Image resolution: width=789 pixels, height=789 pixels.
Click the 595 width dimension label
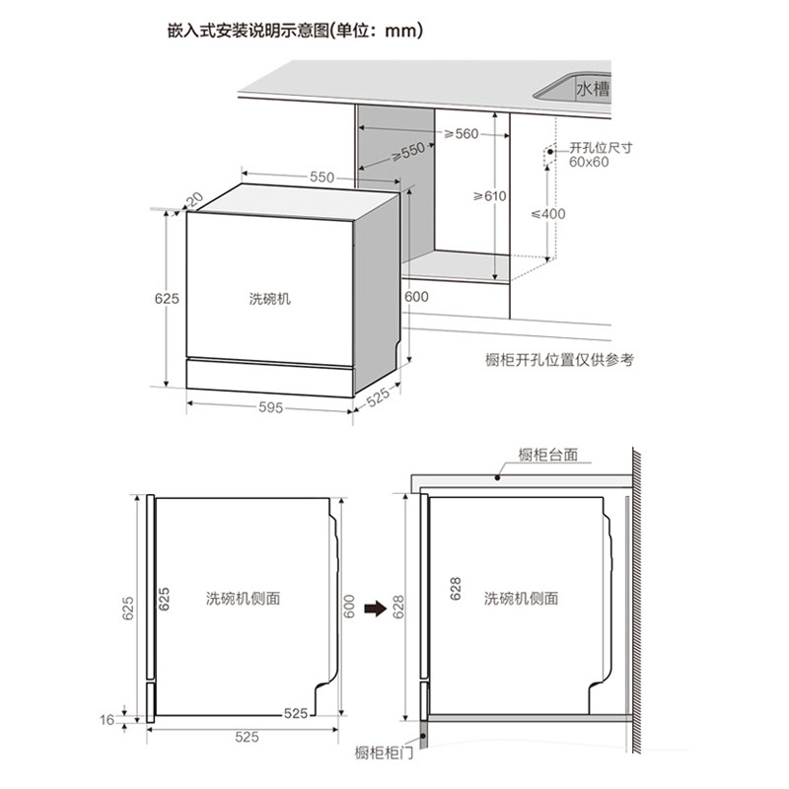click(x=268, y=407)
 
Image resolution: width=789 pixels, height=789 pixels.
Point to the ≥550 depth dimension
click(x=406, y=152)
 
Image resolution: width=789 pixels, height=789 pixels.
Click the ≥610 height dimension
click(x=488, y=196)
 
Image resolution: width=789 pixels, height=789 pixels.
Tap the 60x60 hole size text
click(x=590, y=162)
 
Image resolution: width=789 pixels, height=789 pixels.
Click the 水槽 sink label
click(x=594, y=89)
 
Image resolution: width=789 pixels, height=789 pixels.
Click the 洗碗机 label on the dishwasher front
click(x=270, y=297)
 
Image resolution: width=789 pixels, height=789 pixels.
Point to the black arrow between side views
click(x=374, y=608)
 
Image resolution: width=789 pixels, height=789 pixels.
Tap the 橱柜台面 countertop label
click(x=547, y=456)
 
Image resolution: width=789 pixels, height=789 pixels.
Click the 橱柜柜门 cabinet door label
click(x=385, y=754)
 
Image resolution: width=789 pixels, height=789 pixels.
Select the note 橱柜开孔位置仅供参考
click(x=560, y=360)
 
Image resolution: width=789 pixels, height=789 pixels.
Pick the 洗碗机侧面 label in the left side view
click(x=244, y=599)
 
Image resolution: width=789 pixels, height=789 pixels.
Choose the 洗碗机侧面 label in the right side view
click(x=521, y=599)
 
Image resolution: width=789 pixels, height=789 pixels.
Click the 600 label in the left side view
click(x=348, y=609)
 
